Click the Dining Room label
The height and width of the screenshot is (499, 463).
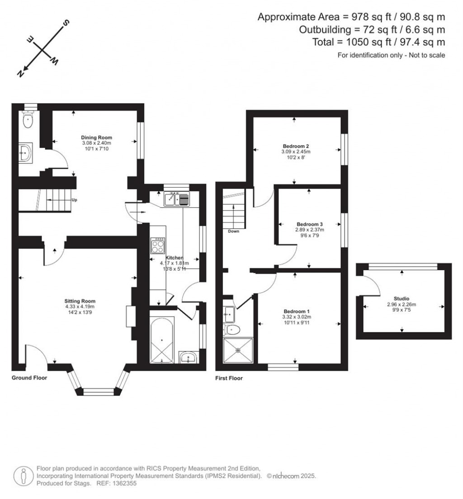(96, 137)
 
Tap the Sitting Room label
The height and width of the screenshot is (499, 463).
(80, 301)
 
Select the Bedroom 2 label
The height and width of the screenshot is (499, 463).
(296, 146)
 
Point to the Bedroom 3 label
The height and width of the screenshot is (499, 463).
(309, 224)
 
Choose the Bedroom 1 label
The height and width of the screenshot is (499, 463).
(297, 311)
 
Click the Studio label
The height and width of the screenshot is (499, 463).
(401, 299)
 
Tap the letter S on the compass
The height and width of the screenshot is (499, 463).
(66, 23)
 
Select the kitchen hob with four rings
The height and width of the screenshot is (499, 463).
(158, 245)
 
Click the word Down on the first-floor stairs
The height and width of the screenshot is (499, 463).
(234, 231)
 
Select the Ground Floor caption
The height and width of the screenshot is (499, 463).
(29, 377)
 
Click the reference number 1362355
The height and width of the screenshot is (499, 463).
(123, 483)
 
